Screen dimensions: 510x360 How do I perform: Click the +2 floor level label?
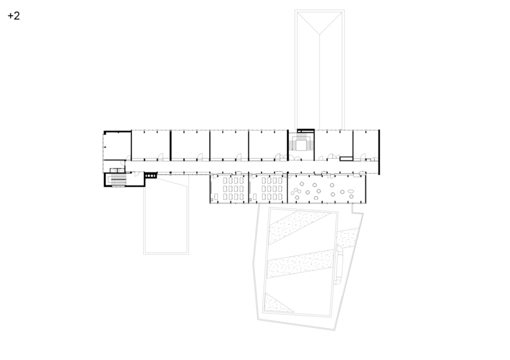14,16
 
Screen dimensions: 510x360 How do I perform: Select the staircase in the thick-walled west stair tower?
118,180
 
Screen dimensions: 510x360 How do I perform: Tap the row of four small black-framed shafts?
150,176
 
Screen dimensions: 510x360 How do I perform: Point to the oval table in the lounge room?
350,191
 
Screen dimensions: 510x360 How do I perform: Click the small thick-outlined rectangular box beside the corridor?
347,159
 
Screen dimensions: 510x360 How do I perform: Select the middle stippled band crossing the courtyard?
301,263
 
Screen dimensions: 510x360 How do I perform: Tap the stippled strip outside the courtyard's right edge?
347,238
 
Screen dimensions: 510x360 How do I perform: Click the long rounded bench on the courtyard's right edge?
339,265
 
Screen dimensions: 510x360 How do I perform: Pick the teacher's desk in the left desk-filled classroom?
216,197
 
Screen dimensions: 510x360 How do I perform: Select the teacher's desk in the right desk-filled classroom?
255,197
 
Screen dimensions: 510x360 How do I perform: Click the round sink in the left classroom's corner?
212,199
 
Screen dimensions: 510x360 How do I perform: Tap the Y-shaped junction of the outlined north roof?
319,34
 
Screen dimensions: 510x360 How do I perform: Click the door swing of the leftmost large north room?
160,157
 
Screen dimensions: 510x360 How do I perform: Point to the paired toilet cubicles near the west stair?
117,170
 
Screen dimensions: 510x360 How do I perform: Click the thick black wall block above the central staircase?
306,130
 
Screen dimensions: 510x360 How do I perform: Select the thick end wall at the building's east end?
379,152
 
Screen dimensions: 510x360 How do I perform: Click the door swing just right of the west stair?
137,174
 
